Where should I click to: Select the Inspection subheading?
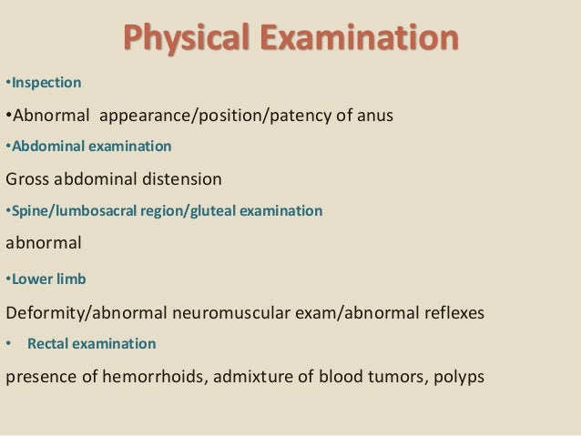(x=46, y=84)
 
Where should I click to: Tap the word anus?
(x=374, y=117)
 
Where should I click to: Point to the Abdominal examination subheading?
(x=89, y=146)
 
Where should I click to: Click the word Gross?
(x=29, y=178)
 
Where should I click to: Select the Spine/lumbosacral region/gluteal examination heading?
(x=165, y=211)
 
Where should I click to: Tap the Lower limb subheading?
(x=46, y=278)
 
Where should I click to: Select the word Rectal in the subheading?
(x=47, y=345)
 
